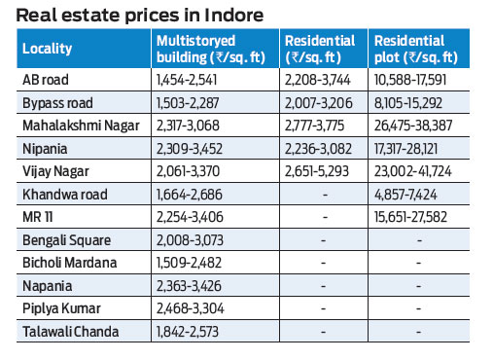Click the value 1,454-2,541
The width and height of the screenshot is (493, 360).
(192, 80)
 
